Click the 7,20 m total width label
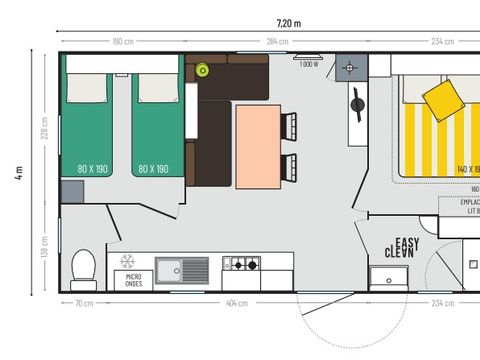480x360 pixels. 290,22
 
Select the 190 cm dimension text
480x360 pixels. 122,41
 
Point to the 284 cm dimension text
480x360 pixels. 277,41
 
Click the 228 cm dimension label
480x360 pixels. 45,129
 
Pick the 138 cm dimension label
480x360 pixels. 45,244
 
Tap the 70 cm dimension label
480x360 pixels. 84,301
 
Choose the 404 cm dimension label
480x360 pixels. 236,301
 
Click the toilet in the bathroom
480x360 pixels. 84,267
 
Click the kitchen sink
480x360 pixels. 181,268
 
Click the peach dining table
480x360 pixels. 256,146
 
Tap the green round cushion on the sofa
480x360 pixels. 203,69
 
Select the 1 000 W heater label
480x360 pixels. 308,63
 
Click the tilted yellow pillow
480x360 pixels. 442,98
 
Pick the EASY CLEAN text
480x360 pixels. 402,247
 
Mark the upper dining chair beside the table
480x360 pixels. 290,125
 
